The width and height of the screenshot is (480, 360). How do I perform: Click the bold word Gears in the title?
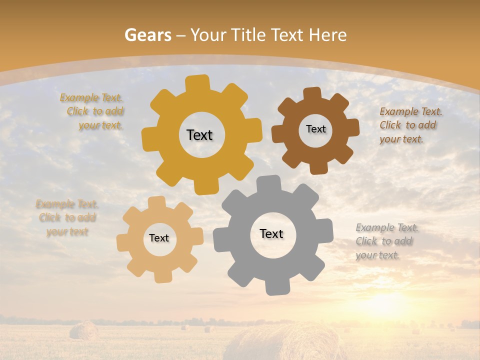147,35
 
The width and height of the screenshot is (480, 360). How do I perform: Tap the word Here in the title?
327,35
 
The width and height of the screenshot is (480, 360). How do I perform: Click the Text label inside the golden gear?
199,135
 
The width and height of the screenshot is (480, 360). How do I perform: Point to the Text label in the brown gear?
315,129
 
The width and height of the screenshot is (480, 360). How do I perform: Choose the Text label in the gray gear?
271,233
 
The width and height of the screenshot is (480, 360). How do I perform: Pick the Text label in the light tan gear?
159,238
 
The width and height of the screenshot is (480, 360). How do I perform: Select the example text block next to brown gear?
410,125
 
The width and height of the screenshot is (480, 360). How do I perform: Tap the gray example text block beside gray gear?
386,241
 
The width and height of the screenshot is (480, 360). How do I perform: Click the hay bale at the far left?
83,330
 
